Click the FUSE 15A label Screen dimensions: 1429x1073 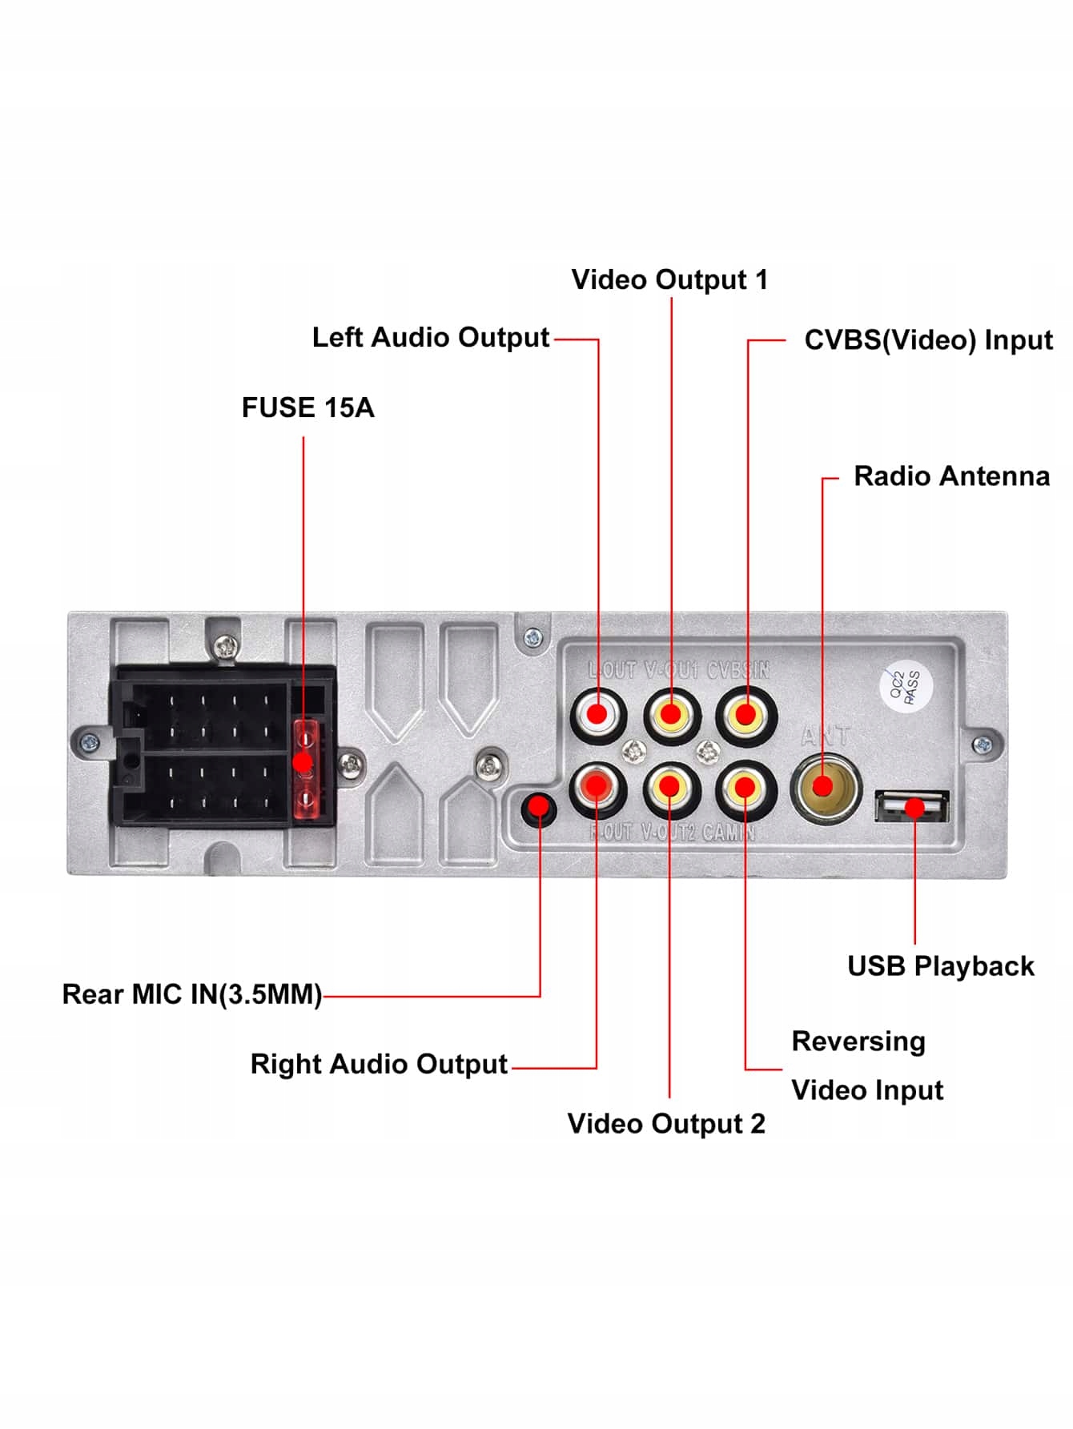pyautogui.click(x=307, y=407)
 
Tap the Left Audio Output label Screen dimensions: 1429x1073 pyautogui.click(x=430, y=337)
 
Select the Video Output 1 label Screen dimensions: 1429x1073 pyautogui.click(x=669, y=279)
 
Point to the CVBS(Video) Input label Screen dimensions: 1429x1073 pyautogui.click(x=928, y=339)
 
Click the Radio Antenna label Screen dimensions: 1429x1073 pyautogui.click(x=951, y=476)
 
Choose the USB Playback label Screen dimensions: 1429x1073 pyautogui.click(x=940, y=966)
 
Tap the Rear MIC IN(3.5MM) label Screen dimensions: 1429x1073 pyautogui.click(x=192, y=994)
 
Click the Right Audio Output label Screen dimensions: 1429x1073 pyautogui.click(x=379, y=1064)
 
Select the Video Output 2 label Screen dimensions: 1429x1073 pyautogui.click(x=666, y=1123)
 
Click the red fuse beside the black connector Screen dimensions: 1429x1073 pyautogui.click(x=304, y=769)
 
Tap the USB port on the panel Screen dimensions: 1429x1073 pyautogui.click(x=912, y=807)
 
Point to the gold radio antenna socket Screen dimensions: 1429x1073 pyautogui.click(x=825, y=787)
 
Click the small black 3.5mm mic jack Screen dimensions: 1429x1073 pyautogui.click(x=539, y=806)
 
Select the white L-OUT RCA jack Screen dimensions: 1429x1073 pyautogui.click(x=597, y=713)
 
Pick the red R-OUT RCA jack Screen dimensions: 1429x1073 pyautogui.click(x=597, y=788)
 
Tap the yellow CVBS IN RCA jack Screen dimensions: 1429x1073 pyautogui.click(x=745, y=714)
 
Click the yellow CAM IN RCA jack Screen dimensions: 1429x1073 pyautogui.click(x=745, y=788)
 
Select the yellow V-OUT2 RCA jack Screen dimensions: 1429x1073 pyautogui.click(x=671, y=788)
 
